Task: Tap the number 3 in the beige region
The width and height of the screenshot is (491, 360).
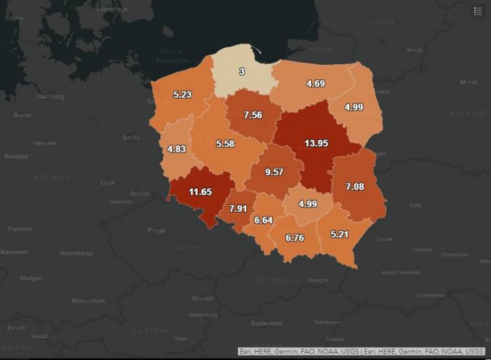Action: [241, 72]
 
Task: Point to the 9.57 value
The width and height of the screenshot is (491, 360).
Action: [273, 172]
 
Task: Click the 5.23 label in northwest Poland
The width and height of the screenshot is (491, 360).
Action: [182, 95]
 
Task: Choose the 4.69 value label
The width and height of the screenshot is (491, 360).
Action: [315, 83]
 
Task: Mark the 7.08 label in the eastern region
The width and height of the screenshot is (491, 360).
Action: [355, 186]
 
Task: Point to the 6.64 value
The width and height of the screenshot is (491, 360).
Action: [263, 220]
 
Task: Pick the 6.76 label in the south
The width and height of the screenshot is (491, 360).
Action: [295, 238]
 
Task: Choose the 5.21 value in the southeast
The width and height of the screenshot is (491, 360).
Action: [340, 234]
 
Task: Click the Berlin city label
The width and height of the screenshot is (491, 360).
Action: [131, 137]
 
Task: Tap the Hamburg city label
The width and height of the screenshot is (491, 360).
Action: [51, 96]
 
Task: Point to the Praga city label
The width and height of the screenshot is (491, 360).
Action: [156, 230]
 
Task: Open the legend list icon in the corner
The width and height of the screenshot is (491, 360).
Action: [477, 11]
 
